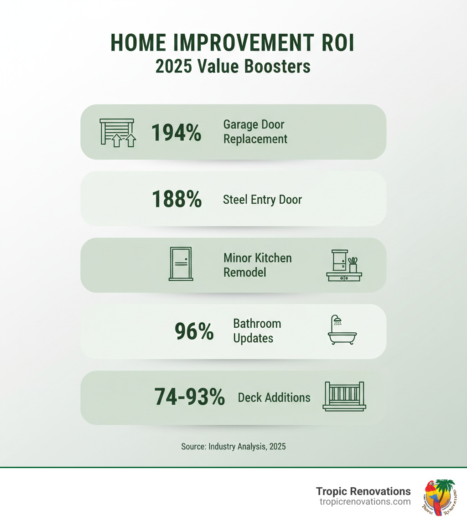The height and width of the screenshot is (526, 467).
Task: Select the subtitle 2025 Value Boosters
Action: tap(233, 66)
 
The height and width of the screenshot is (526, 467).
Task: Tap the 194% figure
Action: tap(176, 133)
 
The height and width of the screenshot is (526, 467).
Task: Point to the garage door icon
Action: tap(117, 133)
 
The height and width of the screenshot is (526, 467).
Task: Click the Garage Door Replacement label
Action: tap(255, 132)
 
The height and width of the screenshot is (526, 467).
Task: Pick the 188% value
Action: tap(176, 199)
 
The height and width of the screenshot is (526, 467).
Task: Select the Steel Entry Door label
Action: tap(262, 200)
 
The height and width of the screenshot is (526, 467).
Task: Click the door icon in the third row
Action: tap(181, 264)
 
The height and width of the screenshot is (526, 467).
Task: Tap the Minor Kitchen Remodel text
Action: tap(257, 265)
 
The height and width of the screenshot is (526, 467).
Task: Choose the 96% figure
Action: tap(194, 331)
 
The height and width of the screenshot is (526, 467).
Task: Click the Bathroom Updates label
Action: tap(257, 331)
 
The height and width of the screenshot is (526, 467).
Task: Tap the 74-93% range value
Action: tap(189, 397)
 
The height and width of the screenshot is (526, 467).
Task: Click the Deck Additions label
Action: tap(274, 397)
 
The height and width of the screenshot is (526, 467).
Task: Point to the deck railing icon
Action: tap(344, 397)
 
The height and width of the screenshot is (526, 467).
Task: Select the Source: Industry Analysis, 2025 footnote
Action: tap(233, 446)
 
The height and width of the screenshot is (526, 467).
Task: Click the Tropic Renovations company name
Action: tap(363, 491)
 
